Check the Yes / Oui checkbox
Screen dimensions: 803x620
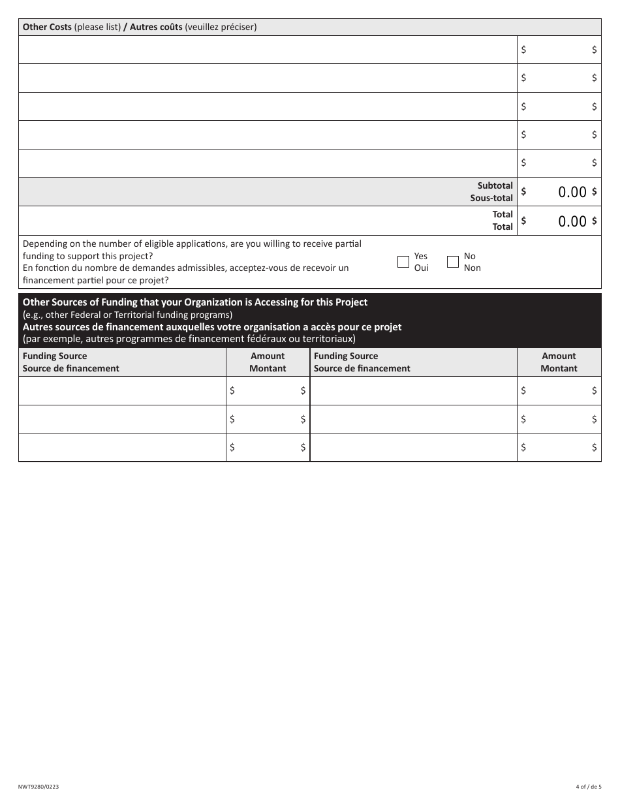(x=403, y=262)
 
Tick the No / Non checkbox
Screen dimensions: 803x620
(x=453, y=262)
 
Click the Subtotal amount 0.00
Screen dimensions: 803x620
(x=572, y=192)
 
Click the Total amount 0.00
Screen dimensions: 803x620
(x=572, y=221)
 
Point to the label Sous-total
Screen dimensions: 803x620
(x=491, y=198)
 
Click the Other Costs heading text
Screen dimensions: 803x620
(x=47, y=27)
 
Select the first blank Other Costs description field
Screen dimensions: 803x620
(x=268, y=49)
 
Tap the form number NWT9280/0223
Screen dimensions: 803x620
(x=39, y=787)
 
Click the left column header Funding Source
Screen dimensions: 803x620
(x=55, y=356)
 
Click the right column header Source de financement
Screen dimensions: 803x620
(x=362, y=368)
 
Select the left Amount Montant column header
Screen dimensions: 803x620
(x=268, y=362)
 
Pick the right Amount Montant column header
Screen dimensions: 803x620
(x=559, y=362)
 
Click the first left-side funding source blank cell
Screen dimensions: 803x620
(x=122, y=390)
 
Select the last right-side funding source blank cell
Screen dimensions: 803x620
(x=413, y=447)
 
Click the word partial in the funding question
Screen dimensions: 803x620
(x=347, y=244)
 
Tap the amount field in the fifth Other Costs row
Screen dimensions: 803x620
(x=559, y=163)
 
